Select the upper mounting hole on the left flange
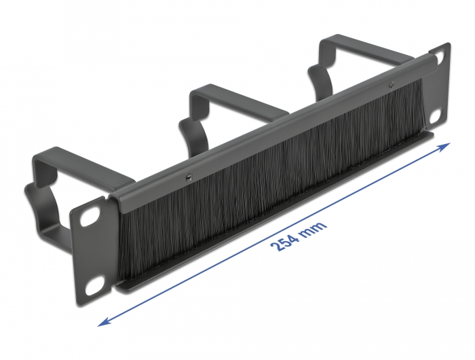click(87, 221)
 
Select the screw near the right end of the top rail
click(392, 85)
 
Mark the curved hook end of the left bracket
click(34, 197)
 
